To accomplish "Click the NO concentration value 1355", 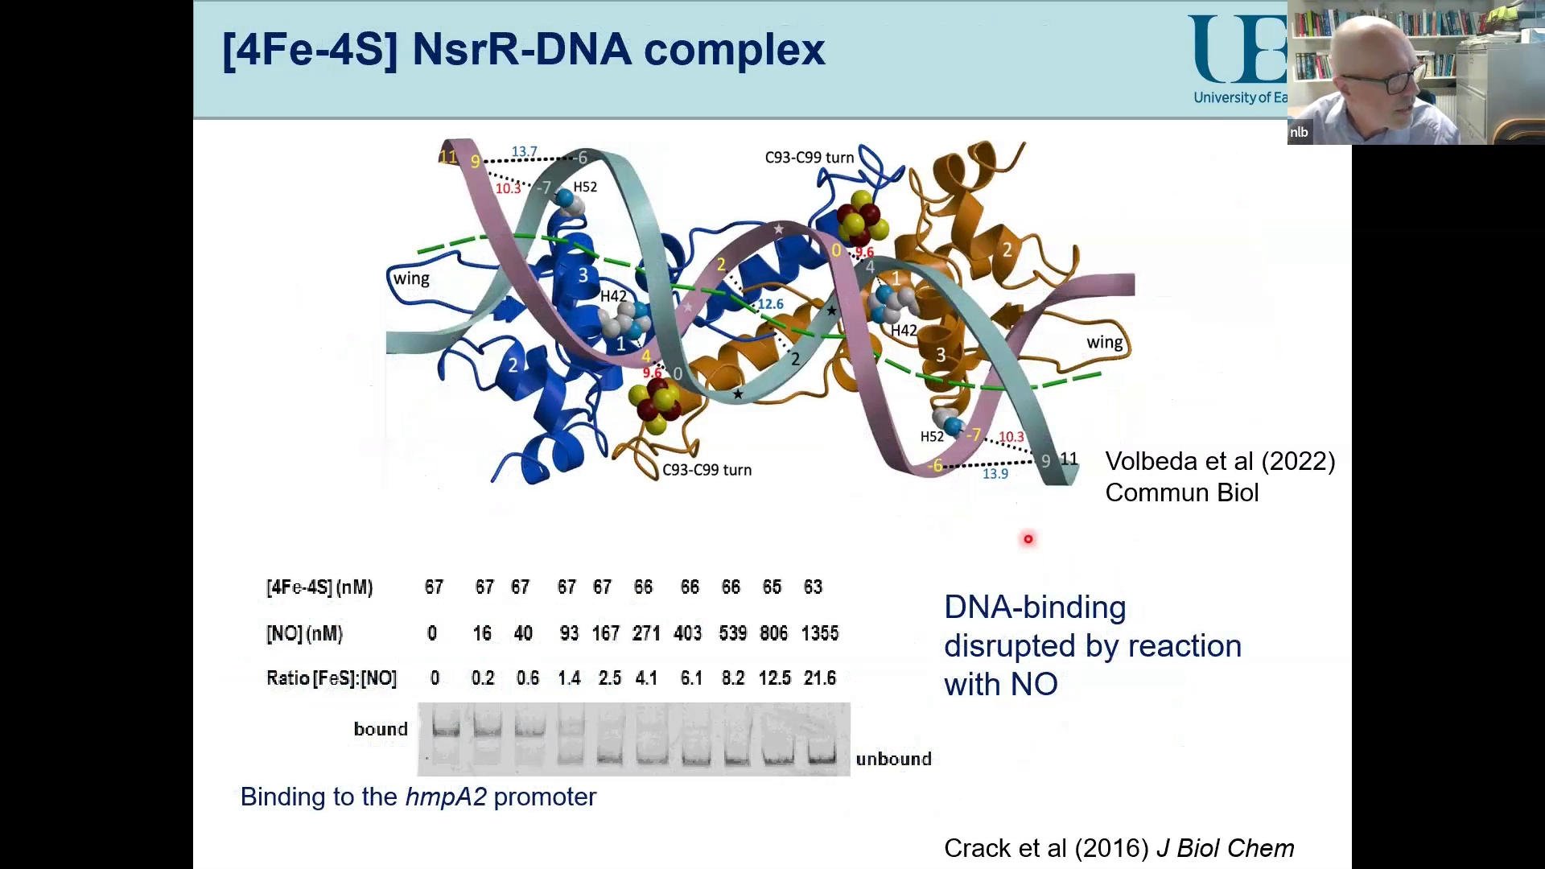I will point(819,633).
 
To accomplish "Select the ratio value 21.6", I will point(819,678).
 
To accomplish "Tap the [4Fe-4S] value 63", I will point(813,587).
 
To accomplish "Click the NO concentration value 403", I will point(688,633).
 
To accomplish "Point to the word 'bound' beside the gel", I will point(381,729).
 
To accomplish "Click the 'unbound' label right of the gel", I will point(893,759).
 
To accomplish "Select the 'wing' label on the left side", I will point(411,278).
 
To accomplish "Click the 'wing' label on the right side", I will point(1104,342).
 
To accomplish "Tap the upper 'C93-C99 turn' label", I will point(809,158).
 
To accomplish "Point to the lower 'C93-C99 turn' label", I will point(707,470).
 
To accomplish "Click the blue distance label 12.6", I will point(770,304).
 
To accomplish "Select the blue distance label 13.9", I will point(995,474).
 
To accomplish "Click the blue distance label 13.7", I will point(524,151).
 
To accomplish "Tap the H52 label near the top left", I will point(585,187).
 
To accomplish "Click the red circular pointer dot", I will point(1028,539).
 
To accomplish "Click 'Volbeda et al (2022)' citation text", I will point(1219,461).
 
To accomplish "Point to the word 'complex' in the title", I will point(734,50).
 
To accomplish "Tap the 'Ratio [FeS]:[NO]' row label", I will point(331,678).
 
